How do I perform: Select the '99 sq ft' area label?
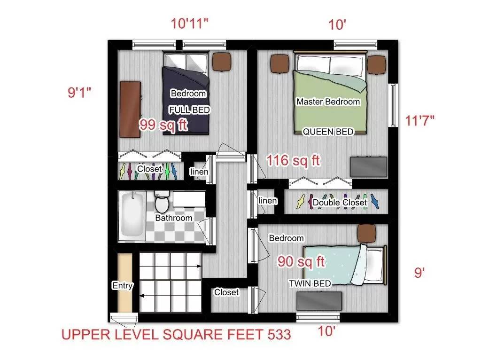pyautogui.click(x=163, y=125)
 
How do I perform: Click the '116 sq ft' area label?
pyautogui.click(x=293, y=160)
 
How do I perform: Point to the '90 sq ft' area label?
pyautogui.click(x=301, y=262)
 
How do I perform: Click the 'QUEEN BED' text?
pyautogui.click(x=328, y=132)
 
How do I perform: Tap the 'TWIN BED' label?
pyautogui.click(x=310, y=283)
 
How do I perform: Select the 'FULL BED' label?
pyautogui.click(x=189, y=110)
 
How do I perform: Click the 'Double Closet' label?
pyautogui.click(x=340, y=202)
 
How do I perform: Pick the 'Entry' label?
pyautogui.click(x=123, y=285)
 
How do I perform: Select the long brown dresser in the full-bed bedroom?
pyautogui.click(x=130, y=110)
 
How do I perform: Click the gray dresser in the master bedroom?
pyautogui.click(x=369, y=167)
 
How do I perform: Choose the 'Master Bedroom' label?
pyautogui.click(x=328, y=102)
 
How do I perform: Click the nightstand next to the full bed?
pyautogui.click(x=221, y=61)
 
